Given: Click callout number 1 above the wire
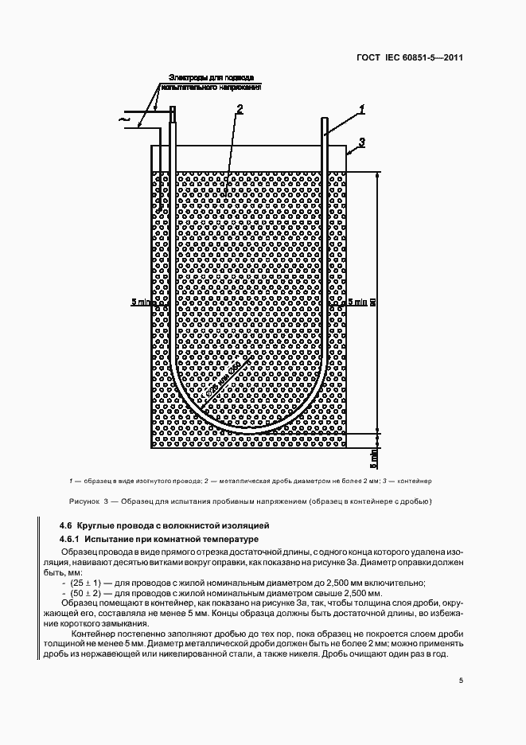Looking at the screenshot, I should coord(361,108).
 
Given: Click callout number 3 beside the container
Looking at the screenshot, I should coord(361,142).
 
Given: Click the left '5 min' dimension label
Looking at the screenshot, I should coord(139,302).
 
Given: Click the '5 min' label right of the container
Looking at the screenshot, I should coord(358,302).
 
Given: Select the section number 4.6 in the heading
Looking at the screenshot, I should coord(66,525).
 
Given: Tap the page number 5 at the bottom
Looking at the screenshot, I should coord(461,680).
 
